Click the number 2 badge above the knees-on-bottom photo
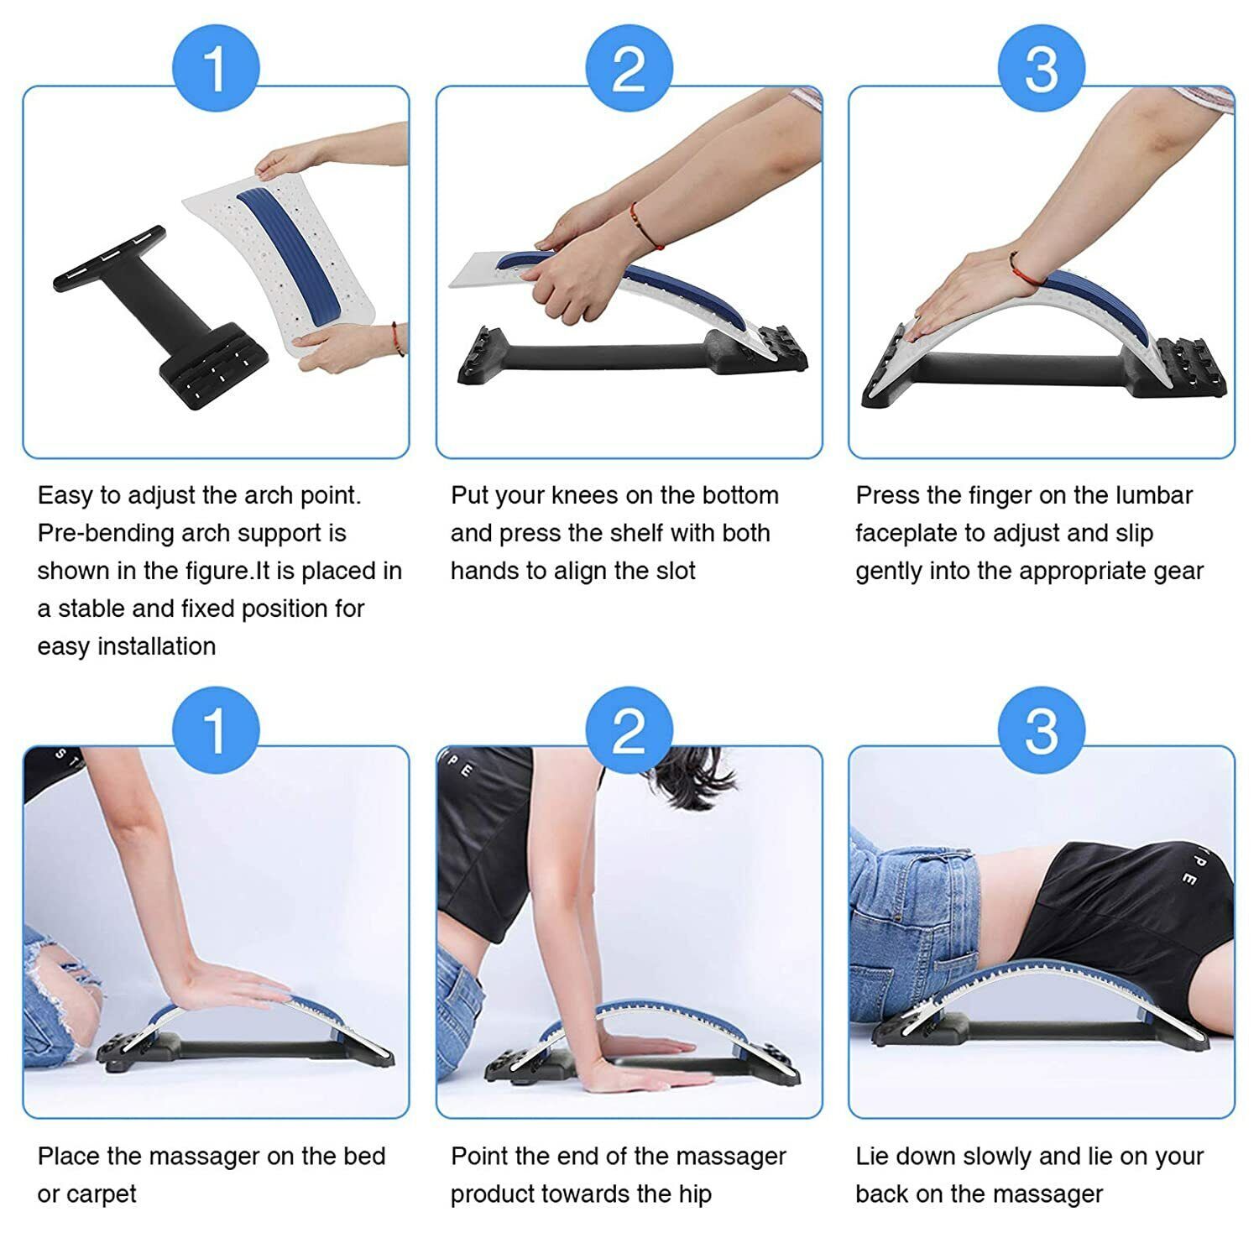click(629, 70)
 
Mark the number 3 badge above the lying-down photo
click(1041, 729)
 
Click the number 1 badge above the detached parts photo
click(216, 70)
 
